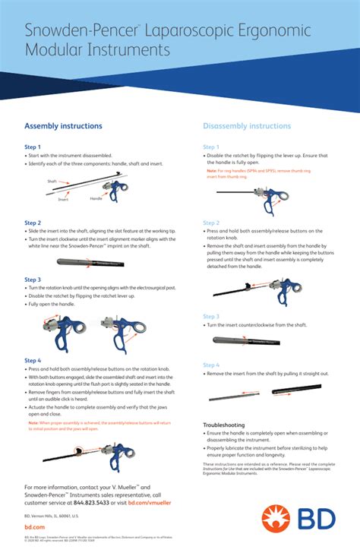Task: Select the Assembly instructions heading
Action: tap(63, 126)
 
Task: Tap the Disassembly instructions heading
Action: tap(246, 126)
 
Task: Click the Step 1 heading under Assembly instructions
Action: tap(33, 147)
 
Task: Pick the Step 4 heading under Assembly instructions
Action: tap(33, 360)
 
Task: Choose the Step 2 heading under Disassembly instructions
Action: tap(211, 223)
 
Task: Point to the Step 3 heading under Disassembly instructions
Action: tap(211, 316)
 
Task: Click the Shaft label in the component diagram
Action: tap(52, 182)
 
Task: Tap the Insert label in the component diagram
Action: tap(63, 199)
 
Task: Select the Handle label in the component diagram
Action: tap(96, 198)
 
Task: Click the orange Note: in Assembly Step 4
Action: tap(30, 422)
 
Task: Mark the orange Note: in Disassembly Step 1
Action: tap(212, 171)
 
